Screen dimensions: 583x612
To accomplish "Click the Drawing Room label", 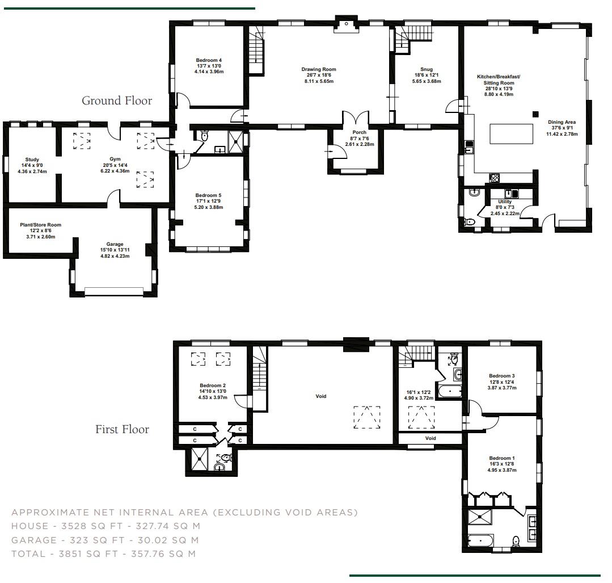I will [318, 69].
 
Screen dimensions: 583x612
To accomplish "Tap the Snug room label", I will [426, 69].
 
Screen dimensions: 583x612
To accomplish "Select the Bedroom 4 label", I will [209, 60].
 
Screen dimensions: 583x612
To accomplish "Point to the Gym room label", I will [116, 160].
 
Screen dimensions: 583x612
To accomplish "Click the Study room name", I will [32, 160].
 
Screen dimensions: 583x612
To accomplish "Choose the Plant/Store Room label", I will [40, 225].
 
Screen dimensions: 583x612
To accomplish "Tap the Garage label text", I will [115, 244].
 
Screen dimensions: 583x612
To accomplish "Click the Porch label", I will [359, 132].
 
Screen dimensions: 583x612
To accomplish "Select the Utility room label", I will [504, 202].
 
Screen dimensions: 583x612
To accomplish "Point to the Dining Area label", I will [562, 122].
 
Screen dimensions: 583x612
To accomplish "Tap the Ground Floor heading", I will [117, 100].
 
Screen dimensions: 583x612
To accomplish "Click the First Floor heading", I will [122, 429].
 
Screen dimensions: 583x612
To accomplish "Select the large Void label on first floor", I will [321, 396].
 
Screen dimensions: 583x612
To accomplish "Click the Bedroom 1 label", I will [501, 458].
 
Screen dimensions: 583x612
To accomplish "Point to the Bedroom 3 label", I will [501, 376].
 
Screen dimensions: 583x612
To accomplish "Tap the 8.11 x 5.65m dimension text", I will [318, 81].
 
